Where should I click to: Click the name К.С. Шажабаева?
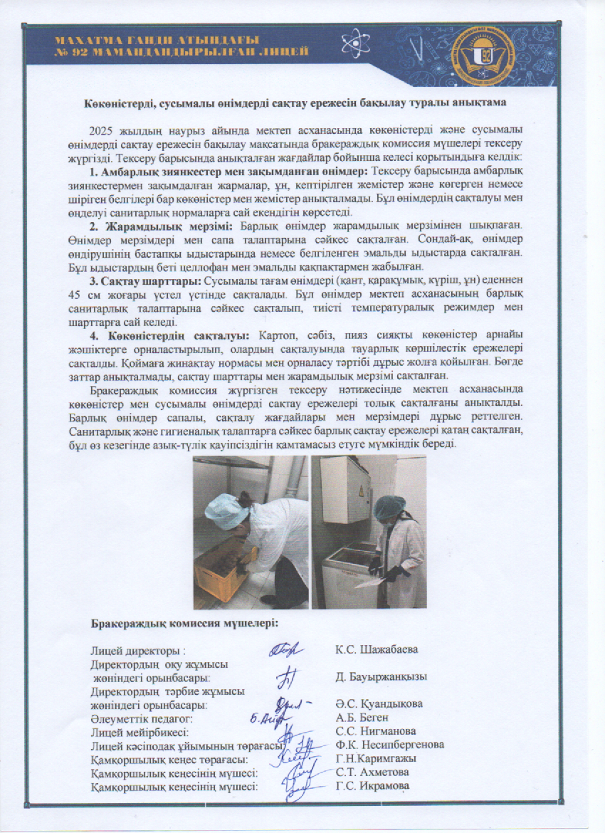377,649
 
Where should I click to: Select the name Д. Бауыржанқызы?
382,676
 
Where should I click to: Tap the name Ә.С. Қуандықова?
379,704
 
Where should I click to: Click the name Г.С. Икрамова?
372,786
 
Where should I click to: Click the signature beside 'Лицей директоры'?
286,649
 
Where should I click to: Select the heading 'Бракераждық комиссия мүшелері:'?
184,624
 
